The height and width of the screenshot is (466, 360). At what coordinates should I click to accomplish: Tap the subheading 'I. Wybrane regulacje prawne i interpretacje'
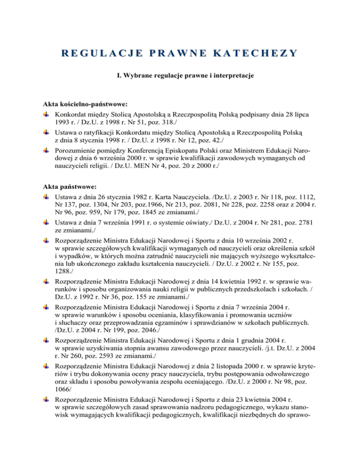(x=180, y=75)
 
